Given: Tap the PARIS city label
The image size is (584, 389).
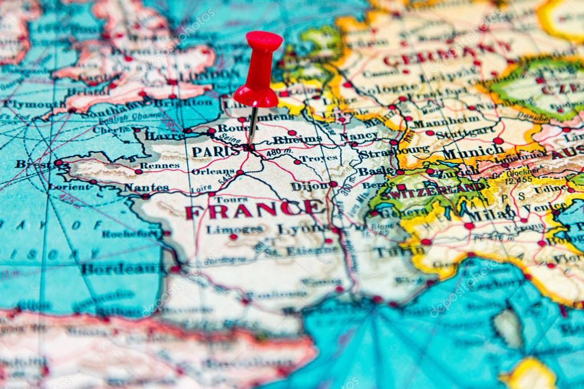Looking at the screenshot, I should pos(215,151).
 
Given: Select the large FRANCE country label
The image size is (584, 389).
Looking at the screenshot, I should pos(255,210).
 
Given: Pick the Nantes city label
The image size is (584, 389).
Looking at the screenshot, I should pos(146,187).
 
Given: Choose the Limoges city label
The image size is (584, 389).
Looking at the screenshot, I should pos(234,230).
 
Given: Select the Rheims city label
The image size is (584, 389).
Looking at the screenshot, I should pos(297,139).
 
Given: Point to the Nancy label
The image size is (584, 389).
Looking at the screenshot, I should pos(359,136).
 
